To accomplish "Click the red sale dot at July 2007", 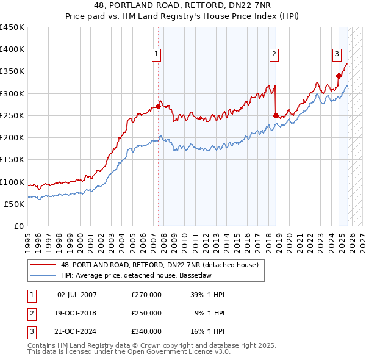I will [x=158, y=106].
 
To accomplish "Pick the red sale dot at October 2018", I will [x=276, y=115].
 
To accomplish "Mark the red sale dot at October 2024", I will [x=339, y=76].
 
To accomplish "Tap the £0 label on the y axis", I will [x=18, y=226].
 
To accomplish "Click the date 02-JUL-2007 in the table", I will [x=76, y=295].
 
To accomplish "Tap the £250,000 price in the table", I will [x=146, y=313].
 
